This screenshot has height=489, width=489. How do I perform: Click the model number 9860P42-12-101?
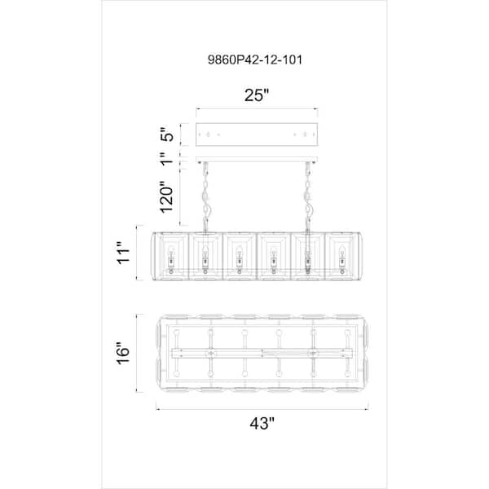point(255,59)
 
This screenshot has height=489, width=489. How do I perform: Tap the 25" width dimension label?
point(256,95)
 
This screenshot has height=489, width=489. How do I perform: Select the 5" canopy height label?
point(167,134)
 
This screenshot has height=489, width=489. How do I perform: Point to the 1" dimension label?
point(167,158)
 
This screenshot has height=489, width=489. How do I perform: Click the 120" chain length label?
point(166,196)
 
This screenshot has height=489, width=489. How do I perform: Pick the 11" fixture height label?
point(124,253)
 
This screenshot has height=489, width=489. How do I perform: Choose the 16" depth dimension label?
point(123,354)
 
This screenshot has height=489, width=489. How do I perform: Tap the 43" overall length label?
point(262,423)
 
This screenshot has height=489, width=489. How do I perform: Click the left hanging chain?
point(206,197)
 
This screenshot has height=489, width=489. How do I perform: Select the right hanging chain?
point(307,197)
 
